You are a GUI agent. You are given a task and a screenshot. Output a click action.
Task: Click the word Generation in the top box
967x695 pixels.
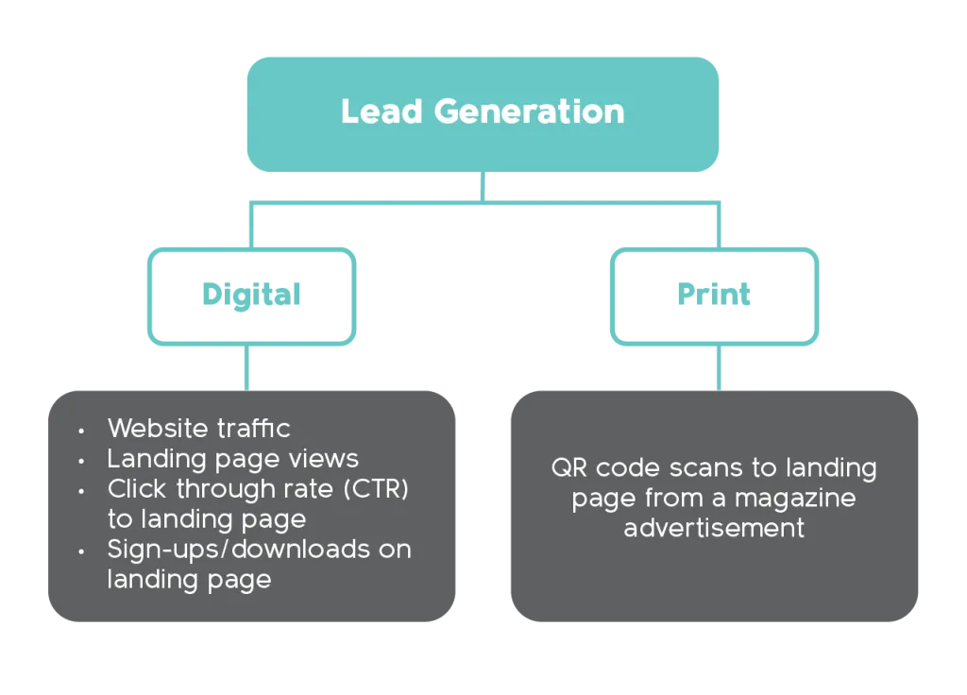pos(529,111)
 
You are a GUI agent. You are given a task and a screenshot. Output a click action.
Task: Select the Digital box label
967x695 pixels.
pos(250,296)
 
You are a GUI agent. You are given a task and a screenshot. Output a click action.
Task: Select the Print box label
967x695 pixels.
pos(715,296)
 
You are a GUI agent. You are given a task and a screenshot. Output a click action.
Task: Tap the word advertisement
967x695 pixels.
pos(714,527)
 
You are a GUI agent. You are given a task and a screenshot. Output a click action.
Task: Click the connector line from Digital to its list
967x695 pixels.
pos(247,366)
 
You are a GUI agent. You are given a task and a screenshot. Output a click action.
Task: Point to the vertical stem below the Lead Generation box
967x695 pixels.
pos(483,185)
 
